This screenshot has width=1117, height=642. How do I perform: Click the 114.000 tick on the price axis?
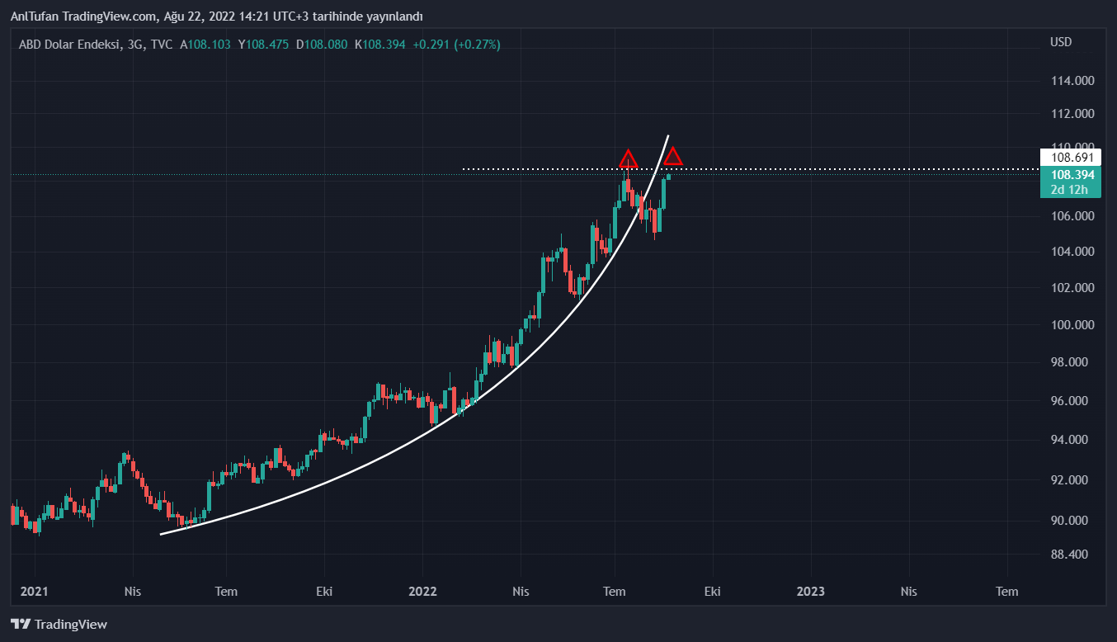1072,81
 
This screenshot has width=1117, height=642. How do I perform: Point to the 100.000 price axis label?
1072,325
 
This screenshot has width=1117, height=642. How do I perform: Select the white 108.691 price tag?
1072,157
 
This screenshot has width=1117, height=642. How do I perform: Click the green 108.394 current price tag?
1072,175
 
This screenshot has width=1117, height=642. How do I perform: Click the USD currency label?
1061,42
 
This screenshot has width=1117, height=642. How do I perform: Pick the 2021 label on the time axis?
35,591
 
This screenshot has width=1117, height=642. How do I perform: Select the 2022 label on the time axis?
422,591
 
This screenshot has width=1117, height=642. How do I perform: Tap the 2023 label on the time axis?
810,591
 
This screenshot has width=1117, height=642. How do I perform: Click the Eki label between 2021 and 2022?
324,591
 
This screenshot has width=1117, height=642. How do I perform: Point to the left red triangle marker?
629,159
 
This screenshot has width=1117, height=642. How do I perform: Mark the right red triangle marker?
673,156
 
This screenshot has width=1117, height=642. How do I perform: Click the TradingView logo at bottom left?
59,625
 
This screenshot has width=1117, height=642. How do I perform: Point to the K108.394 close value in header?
380,45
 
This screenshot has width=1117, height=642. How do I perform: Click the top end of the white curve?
667,135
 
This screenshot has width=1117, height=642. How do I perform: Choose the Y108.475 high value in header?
263,45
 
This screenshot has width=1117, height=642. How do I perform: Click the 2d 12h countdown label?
1070,191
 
